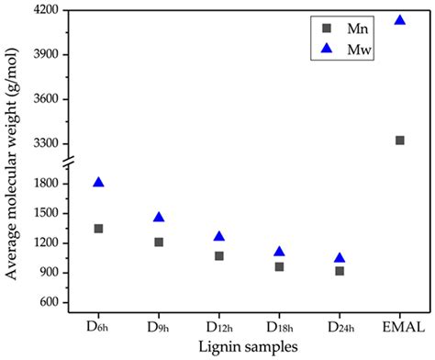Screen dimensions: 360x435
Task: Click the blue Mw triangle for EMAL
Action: (399, 19)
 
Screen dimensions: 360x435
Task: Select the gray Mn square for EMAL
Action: (399, 141)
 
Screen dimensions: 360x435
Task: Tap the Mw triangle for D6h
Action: (98, 182)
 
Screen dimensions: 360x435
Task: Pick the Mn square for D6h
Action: (98, 229)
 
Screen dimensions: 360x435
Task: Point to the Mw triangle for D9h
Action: (159, 217)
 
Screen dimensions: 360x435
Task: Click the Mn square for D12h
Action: (219, 256)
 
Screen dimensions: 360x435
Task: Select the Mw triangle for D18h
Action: (279, 251)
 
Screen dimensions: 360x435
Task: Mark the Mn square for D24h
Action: (340, 271)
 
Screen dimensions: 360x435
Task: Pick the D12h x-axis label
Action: (219, 328)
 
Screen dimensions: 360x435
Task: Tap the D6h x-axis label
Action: (98, 328)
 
